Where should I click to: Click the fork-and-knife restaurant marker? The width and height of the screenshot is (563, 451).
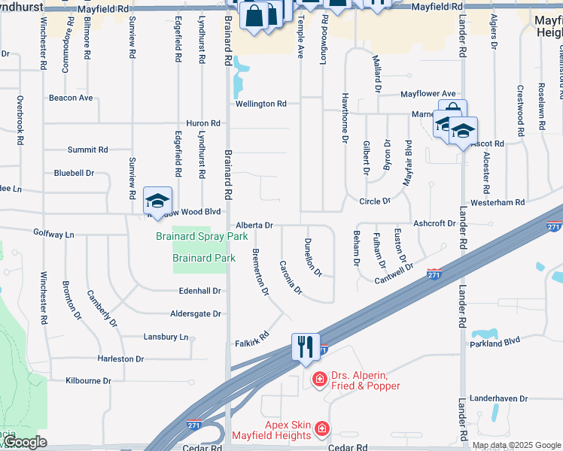click(x=306, y=347)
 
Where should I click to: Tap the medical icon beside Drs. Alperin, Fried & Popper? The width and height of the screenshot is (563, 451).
click(x=319, y=378)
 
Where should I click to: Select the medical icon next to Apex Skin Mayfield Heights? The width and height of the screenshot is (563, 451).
click(x=321, y=429)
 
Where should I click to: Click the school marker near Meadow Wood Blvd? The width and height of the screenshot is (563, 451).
click(x=157, y=201)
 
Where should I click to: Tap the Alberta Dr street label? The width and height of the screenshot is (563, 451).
click(x=254, y=225)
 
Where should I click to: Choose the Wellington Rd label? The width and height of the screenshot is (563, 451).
click(x=260, y=104)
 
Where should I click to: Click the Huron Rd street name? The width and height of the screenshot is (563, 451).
click(x=203, y=123)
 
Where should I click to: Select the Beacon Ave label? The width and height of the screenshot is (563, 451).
click(x=71, y=98)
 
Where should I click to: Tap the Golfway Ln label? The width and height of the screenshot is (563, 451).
click(x=54, y=235)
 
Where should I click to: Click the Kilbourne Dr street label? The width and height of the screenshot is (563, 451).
click(x=88, y=380)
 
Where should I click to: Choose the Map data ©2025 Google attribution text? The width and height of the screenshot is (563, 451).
click(x=516, y=445)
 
